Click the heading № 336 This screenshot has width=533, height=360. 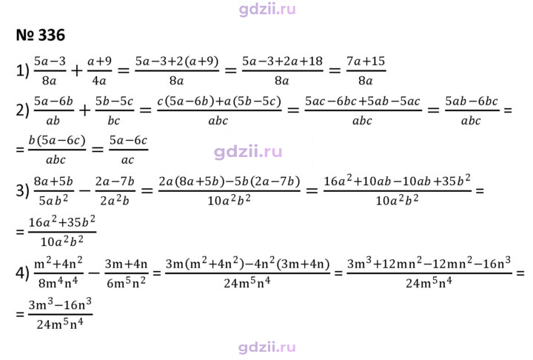(41, 35)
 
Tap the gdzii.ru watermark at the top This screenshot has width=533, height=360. (267, 9)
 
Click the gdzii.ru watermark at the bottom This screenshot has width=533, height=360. (266, 347)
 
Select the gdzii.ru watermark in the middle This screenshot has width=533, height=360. (248, 152)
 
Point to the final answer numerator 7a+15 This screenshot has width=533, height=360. (366, 61)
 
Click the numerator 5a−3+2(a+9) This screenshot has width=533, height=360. (177, 61)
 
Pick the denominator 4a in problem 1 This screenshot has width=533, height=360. (99, 81)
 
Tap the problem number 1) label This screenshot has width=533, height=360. (22, 71)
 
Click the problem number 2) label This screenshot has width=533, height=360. (22, 110)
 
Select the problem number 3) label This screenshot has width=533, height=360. (22, 190)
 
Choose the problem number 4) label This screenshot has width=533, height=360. (22, 273)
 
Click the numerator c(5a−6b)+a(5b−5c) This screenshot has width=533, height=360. (219, 101)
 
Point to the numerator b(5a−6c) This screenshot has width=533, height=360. (57, 141)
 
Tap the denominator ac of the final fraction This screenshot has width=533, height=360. (128, 160)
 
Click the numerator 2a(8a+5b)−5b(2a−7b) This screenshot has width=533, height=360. (229, 181)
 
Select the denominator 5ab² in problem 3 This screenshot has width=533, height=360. (53, 201)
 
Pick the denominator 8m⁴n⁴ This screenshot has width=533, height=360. (58, 282)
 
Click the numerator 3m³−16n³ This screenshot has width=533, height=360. (60, 304)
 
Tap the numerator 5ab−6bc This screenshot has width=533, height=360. (472, 101)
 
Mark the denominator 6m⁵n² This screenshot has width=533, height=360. (126, 282)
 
